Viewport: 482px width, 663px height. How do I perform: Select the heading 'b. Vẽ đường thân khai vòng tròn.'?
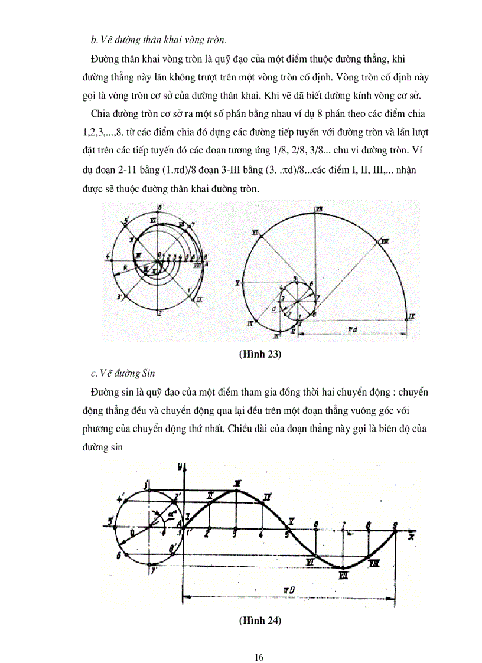158,40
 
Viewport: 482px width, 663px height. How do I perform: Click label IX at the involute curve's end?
412,317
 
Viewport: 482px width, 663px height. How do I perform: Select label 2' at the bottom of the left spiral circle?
160,313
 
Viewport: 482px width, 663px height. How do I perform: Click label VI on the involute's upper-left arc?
255,233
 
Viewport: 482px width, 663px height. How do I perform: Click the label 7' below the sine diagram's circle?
154,571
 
